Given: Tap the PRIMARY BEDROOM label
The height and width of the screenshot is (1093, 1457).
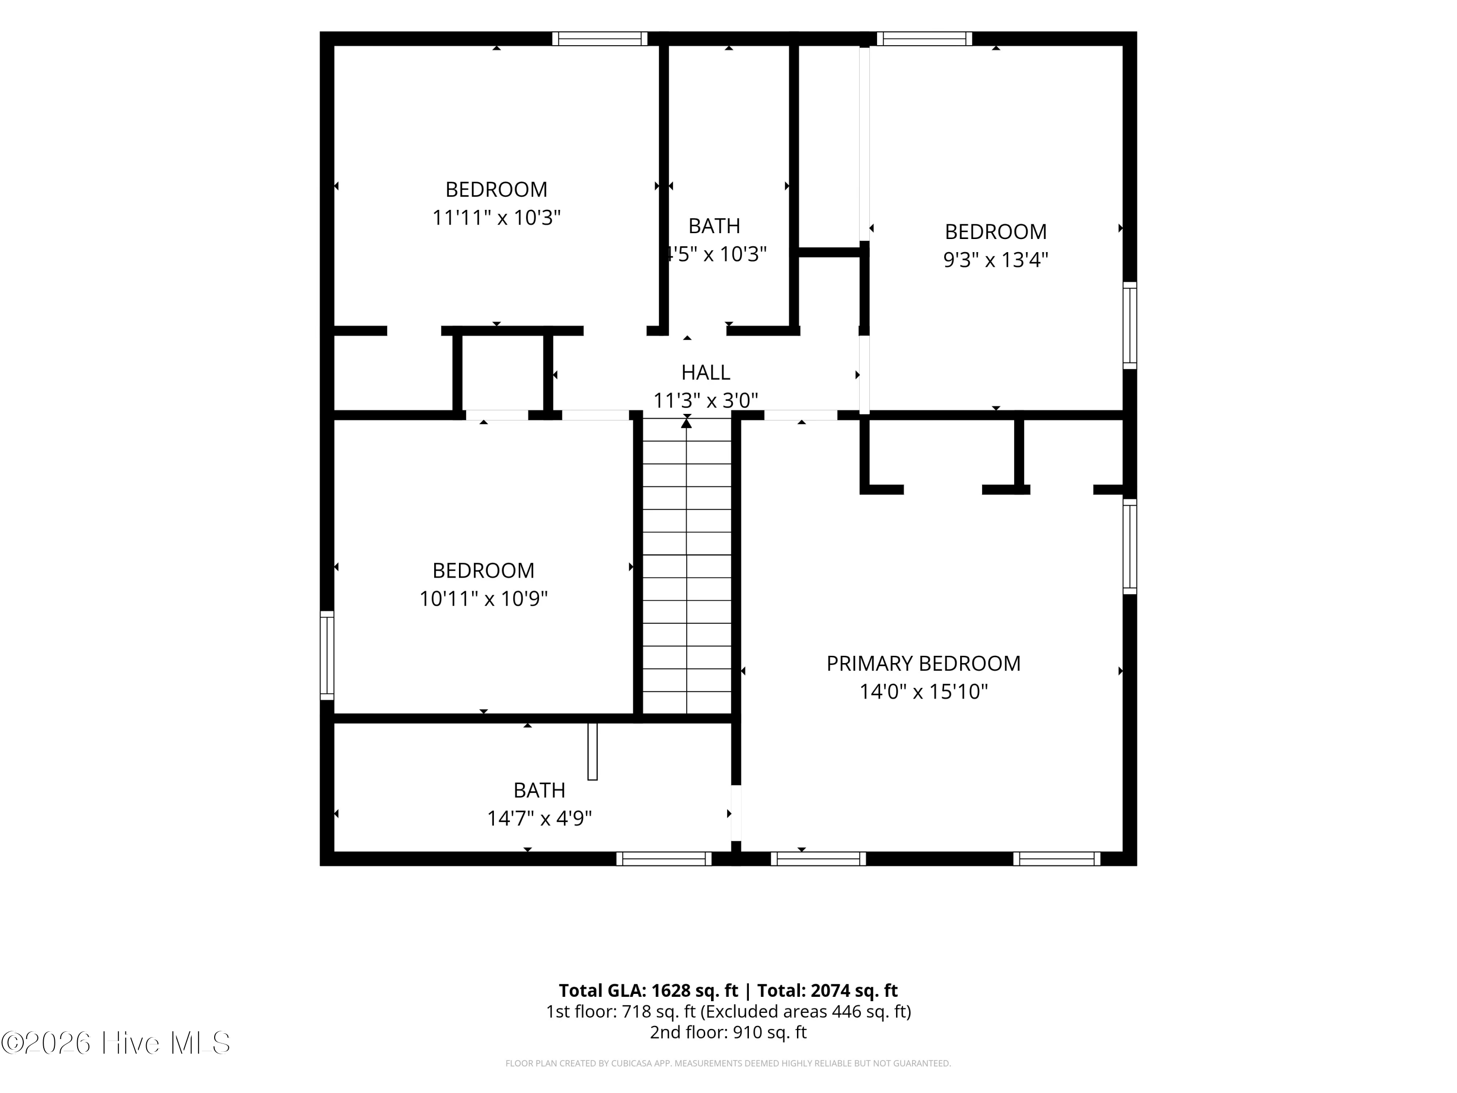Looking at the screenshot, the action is coord(923,664).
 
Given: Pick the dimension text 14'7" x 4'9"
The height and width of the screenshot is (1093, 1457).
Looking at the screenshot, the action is coord(540,818).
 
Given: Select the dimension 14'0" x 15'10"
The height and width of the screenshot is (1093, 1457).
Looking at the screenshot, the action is coord(923,692).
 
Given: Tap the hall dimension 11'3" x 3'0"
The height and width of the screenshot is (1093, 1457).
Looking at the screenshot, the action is coord(706,400).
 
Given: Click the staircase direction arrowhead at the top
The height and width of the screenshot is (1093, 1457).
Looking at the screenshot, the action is coord(686,423).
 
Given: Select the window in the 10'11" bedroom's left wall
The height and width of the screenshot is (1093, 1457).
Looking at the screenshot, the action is coord(327,655).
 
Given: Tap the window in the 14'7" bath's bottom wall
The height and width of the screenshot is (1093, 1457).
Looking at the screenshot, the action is coord(664,858).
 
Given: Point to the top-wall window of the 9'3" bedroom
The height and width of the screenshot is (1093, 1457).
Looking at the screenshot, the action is coord(924,39).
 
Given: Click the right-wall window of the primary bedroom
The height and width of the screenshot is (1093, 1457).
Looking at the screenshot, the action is coord(1130,546).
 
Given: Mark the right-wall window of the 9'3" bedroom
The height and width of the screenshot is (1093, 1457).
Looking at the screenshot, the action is coord(1130,325).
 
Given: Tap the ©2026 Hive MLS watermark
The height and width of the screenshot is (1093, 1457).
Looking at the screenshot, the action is coord(116,1043).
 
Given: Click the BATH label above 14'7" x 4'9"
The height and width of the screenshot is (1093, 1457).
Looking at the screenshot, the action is coord(540,790).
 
